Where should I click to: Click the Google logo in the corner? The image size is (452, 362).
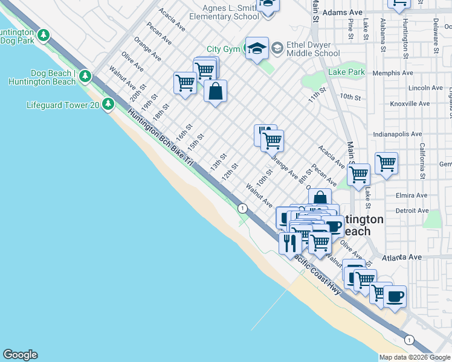click(x=20, y=355)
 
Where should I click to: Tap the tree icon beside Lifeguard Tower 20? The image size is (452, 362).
click(x=108, y=104)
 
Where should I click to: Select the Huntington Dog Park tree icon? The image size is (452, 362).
click(x=43, y=36)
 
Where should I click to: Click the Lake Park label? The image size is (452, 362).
click(x=346, y=72)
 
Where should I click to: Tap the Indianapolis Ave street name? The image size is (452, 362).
click(x=397, y=134)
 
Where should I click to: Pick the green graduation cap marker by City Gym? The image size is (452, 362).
click(x=256, y=48)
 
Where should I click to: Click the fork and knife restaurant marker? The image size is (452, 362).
click(x=290, y=243)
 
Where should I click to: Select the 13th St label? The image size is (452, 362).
click(x=218, y=162)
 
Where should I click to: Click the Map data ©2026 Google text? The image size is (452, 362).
click(x=415, y=357)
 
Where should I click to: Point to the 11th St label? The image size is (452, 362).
click(x=317, y=94)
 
